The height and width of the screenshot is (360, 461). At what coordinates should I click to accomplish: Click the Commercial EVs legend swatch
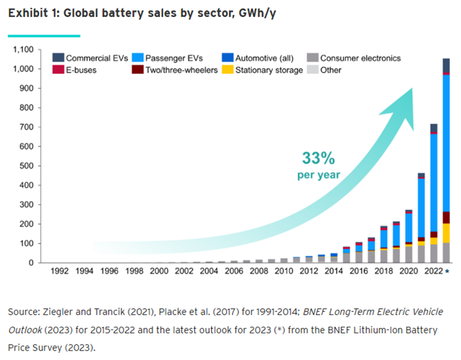[x=58, y=58]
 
